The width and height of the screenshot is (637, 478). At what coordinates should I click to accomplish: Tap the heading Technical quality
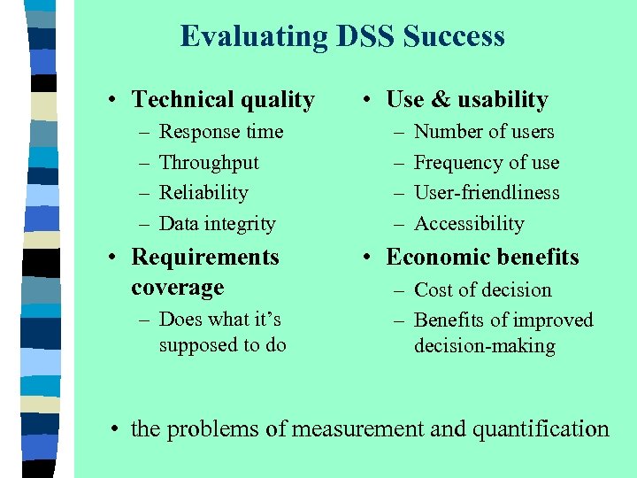click(x=222, y=100)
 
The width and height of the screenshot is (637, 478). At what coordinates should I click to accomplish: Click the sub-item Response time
click(x=221, y=132)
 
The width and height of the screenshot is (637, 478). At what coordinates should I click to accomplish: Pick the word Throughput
click(x=209, y=163)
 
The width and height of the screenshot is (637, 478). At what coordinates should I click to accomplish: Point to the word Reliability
click(x=203, y=193)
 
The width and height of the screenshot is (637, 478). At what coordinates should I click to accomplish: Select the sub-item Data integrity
click(x=217, y=224)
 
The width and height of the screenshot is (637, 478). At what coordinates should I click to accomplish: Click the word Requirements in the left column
click(x=204, y=258)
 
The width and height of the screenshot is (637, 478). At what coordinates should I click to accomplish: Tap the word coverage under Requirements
click(x=177, y=288)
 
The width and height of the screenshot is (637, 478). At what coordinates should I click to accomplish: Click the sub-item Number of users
click(x=484, y=132)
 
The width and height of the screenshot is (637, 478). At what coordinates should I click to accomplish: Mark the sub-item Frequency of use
click(x=487, y=163)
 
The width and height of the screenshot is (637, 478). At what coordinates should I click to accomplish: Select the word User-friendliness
click(x=487, y=193)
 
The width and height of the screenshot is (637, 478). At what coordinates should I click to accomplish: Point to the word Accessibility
click(x=469, y=224)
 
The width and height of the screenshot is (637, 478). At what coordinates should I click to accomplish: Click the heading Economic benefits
click(x=482, y=258)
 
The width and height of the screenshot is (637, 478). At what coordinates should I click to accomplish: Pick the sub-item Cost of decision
click(x=482, y=290)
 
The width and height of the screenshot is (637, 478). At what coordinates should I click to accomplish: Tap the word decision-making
click(x=485, y=346)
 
